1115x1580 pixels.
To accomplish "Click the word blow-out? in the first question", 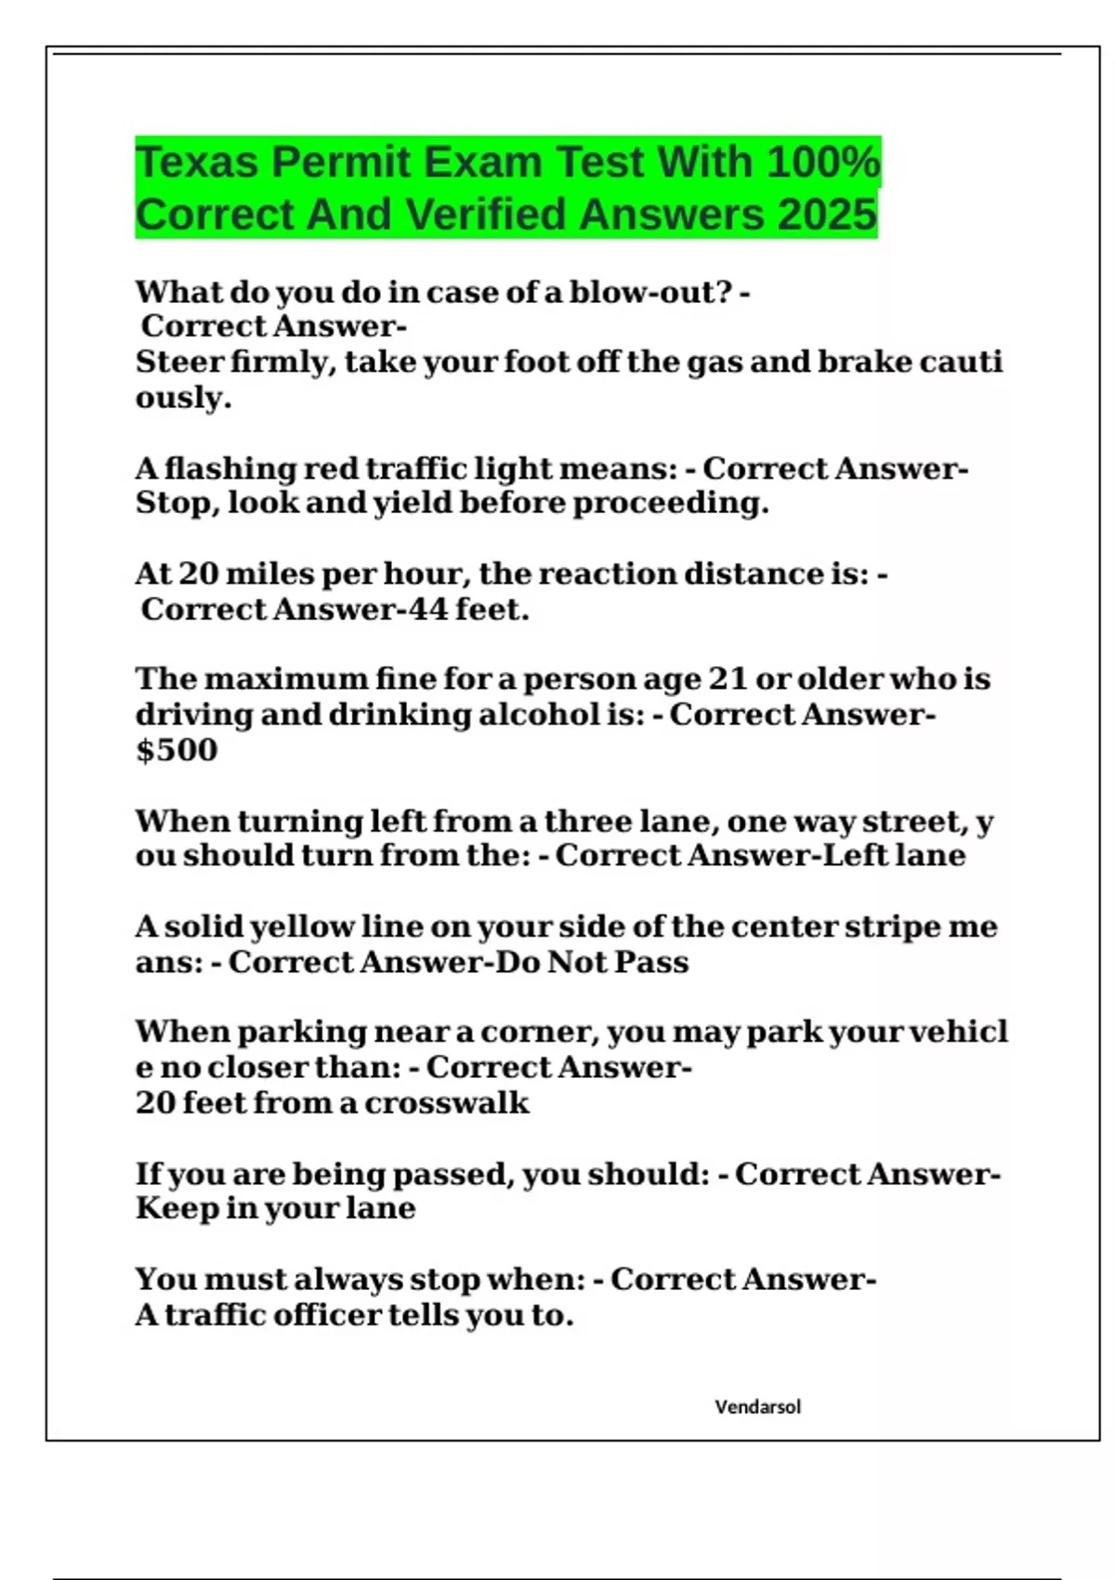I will [x=649, y=292].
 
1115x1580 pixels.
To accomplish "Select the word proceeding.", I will [x=670, y=503].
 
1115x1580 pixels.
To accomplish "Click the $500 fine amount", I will [x=177, y=750].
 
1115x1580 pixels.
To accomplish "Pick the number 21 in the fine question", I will [x=728, y=678].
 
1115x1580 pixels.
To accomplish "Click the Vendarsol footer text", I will [x=757, y=1406].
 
